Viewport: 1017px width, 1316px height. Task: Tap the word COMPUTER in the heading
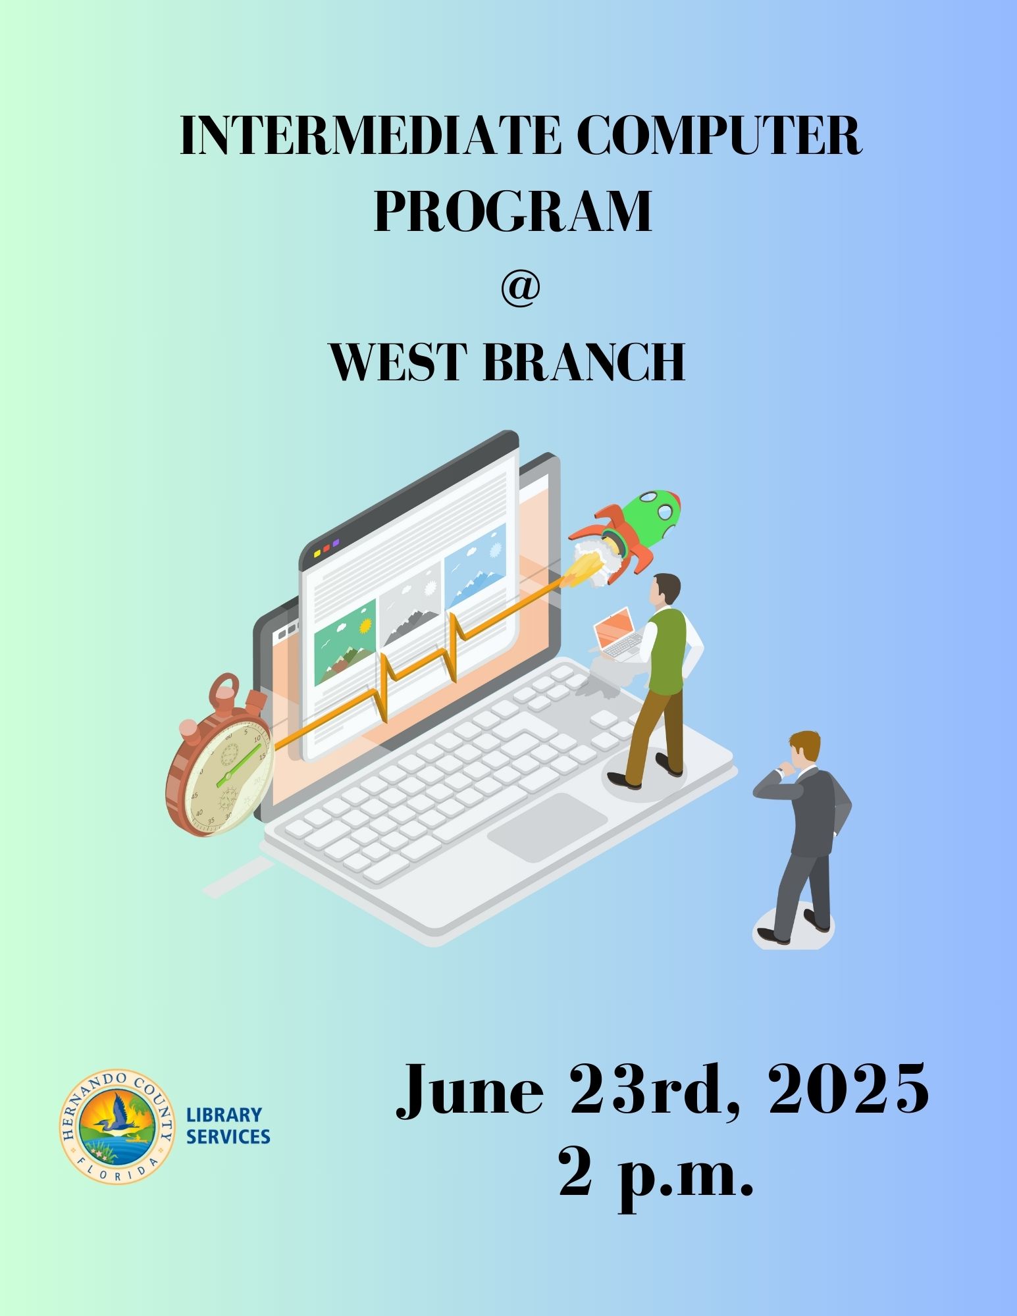pyautogui.click(x=719, y=136)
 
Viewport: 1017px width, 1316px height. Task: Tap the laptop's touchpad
pyautogui.click(x=547, y=822)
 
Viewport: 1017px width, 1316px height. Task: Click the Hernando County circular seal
pyautogui.click(x=117, y=1126)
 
